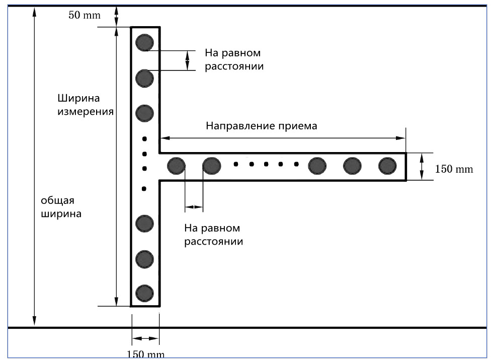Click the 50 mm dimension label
tap(85, 15)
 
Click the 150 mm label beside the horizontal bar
tap(454, 169)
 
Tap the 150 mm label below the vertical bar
tap(145, 354)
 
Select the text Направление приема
tap(262, 126)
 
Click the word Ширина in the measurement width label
tap(78, 98)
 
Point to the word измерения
tap(85, 112)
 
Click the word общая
tap(57, 200)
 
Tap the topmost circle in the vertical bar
tap(144, 42)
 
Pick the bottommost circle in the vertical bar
tap(144, 293)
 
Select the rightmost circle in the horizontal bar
tap(387, 166)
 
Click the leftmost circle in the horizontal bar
tap(176, 166)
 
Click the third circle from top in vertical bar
tap(144, 113)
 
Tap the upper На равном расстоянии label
tap(234, 59)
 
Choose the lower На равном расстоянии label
tap(214, 235)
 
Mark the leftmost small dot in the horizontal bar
tap(236, 164)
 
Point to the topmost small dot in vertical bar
tap(144, 139)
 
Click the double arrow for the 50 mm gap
tap(116, 16)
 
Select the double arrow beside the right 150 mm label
tap(422, 166)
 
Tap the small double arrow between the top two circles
tap(187, 60)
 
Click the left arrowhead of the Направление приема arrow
tap(165, 138)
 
